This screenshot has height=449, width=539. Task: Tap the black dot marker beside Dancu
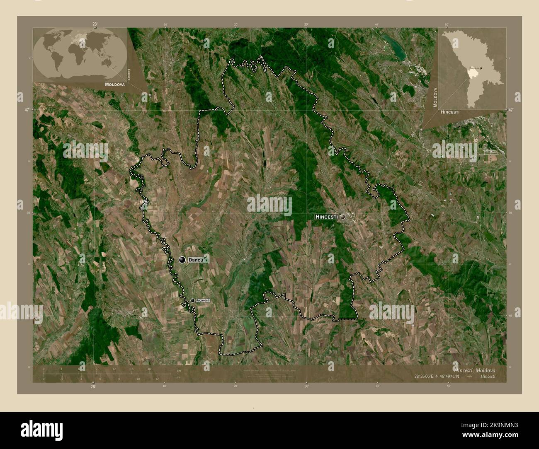coord(182,260)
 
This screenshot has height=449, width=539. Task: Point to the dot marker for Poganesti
coord(192,300)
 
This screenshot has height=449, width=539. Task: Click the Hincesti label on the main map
coord(327,217)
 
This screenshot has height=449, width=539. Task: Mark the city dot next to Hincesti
coord(342,216)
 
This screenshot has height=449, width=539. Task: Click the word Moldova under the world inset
coord(110,84)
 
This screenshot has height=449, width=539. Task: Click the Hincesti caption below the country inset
coord(450,112)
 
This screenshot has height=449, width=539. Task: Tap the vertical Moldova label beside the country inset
coord(435,98)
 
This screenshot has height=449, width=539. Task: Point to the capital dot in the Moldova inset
coord(480,68)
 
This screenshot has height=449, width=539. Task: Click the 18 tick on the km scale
coord(149,369)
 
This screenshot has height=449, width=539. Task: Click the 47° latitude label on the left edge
coord(27,110)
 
